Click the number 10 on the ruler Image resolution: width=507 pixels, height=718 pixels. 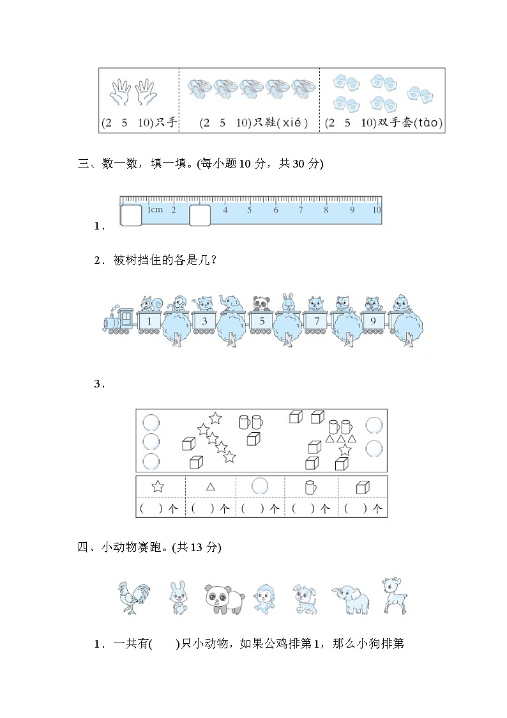(376, 209)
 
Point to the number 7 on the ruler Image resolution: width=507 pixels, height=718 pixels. (301, 209)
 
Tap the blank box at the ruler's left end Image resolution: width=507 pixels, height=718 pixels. (131, 215)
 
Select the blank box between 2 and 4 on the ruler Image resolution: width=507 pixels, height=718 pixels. (199, 215)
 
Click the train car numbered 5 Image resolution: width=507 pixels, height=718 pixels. (262, 322)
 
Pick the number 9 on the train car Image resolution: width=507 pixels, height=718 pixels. (372, 322)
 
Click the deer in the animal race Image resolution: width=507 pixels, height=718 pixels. (394, 596)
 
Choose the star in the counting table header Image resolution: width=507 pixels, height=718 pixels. (158, 486)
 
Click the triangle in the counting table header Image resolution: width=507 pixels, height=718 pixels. (211, 487)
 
